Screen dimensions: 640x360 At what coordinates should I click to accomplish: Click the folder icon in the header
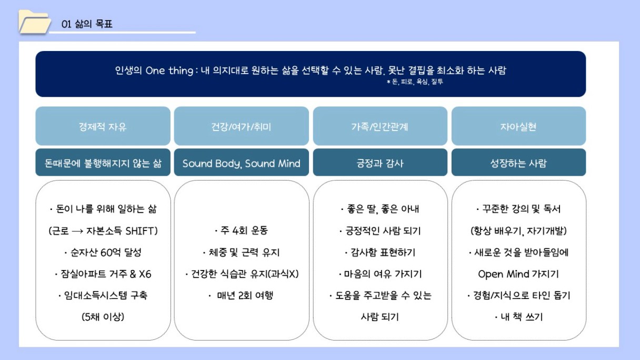coord(34,22)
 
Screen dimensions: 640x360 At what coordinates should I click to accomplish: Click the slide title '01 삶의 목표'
coord(87,24)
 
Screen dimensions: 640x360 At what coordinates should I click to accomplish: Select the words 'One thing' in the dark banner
coord(169,71)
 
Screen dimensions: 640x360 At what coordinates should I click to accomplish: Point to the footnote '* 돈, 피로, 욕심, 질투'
coord(415,82)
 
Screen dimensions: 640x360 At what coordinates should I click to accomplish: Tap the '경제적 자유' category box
coord(103,126)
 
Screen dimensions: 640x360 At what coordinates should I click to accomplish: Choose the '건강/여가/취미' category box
coord(242,126)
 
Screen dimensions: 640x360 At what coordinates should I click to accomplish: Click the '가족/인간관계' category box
coord(380,126)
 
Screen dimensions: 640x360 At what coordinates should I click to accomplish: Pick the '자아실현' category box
coord(518,126)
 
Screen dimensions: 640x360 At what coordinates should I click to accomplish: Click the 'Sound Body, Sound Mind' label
coord(242,163)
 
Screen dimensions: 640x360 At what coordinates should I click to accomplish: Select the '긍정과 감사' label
coord(380,163)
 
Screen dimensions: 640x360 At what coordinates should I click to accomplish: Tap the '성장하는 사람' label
coord(518,163)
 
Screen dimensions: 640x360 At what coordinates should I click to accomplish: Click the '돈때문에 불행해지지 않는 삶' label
coord(103,163)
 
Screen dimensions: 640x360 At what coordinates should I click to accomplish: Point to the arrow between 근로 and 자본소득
coord(77,231)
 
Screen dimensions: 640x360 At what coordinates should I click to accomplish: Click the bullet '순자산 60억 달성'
coord(103,253)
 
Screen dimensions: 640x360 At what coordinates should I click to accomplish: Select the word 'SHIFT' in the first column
coord(139,231)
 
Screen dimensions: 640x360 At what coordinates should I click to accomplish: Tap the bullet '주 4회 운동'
coord(242,231)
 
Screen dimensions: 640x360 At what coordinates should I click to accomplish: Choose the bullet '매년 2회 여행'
coord(242,295)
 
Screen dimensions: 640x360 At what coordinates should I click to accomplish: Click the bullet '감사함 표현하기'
coord(380,253)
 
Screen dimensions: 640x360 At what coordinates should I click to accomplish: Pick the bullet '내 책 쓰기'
coord(518,317)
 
